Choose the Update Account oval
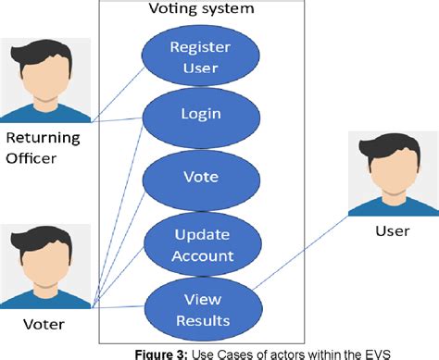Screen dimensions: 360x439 pos(194,243)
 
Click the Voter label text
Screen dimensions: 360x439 pos(44,323)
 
